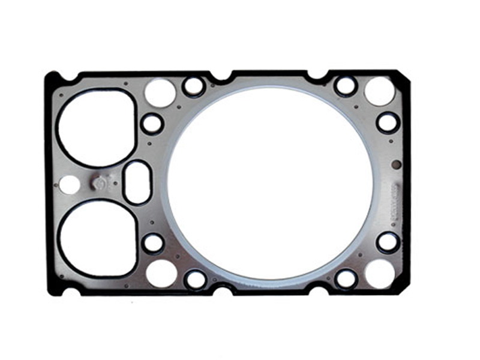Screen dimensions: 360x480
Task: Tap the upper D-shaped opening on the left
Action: [x=96, y=127]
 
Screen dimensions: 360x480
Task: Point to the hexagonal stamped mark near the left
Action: [x=100, y=182]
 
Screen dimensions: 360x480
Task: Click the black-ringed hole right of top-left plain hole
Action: [x=194, y=86]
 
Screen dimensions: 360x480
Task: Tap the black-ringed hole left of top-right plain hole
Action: [x=346, y=86]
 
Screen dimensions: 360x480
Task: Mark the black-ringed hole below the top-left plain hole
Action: [x=152, y=124]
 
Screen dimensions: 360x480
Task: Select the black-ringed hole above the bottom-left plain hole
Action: [x=153, y=243]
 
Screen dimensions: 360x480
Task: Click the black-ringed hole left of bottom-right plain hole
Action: [x=346, y=278]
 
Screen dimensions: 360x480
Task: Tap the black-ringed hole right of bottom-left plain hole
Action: [x=196, y=279]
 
